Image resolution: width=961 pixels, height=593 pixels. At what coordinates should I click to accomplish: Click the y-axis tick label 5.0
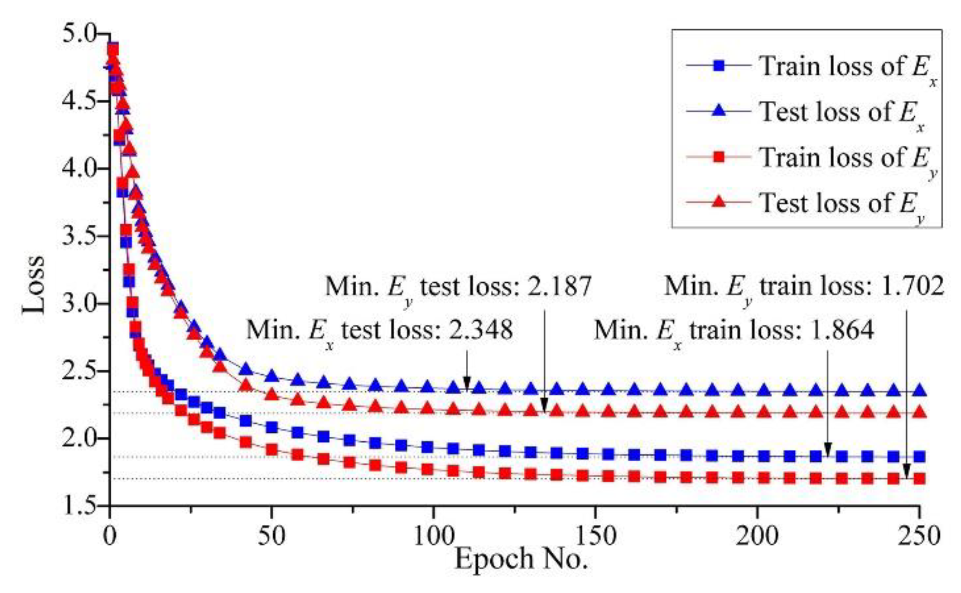pos(79,35)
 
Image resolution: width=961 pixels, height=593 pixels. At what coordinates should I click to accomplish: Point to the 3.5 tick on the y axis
pos(79,236)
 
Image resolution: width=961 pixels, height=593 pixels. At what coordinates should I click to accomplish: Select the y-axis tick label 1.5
pos(79,506)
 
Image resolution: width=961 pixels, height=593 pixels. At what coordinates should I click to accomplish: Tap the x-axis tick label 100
pos(434,536)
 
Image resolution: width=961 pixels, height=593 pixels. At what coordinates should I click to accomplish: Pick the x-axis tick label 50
pos(271,536)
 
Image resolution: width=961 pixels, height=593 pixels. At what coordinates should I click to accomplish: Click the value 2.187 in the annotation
pos(559,287)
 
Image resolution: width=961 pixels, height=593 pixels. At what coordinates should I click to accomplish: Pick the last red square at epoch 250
pos(919,479)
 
